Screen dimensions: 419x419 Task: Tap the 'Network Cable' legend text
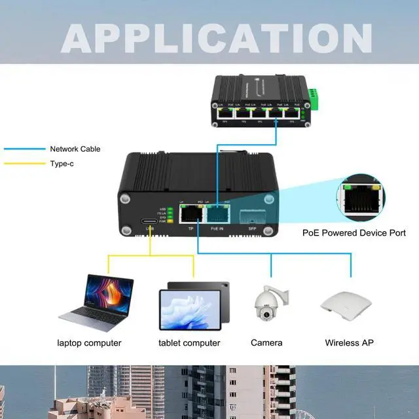pyautogui.click(x=75, y=149)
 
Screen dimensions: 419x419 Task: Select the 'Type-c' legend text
pyautogui.click(x=62, y=164)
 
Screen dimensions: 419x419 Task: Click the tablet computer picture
pyautogui.click(x=194, y=305)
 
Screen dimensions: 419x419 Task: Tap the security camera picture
pyautogui.click(x=267, y=305)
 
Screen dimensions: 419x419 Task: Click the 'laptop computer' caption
pyautogui.click(x=89, y=343)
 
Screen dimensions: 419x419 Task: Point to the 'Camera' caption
pyautogui.click(x=266, y=343)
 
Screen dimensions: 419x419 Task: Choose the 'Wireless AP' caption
pyautogui.click(x=350, y=343)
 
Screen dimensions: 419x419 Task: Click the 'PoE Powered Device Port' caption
pyautogui.click(x=354, y=233)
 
